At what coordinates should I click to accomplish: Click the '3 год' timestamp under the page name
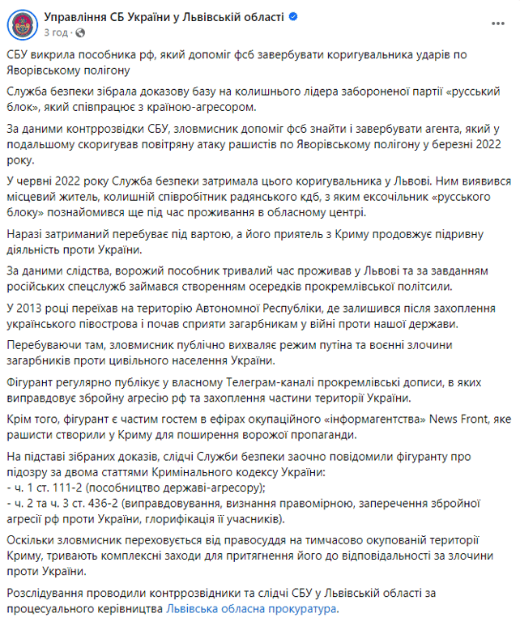(55, 32)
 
